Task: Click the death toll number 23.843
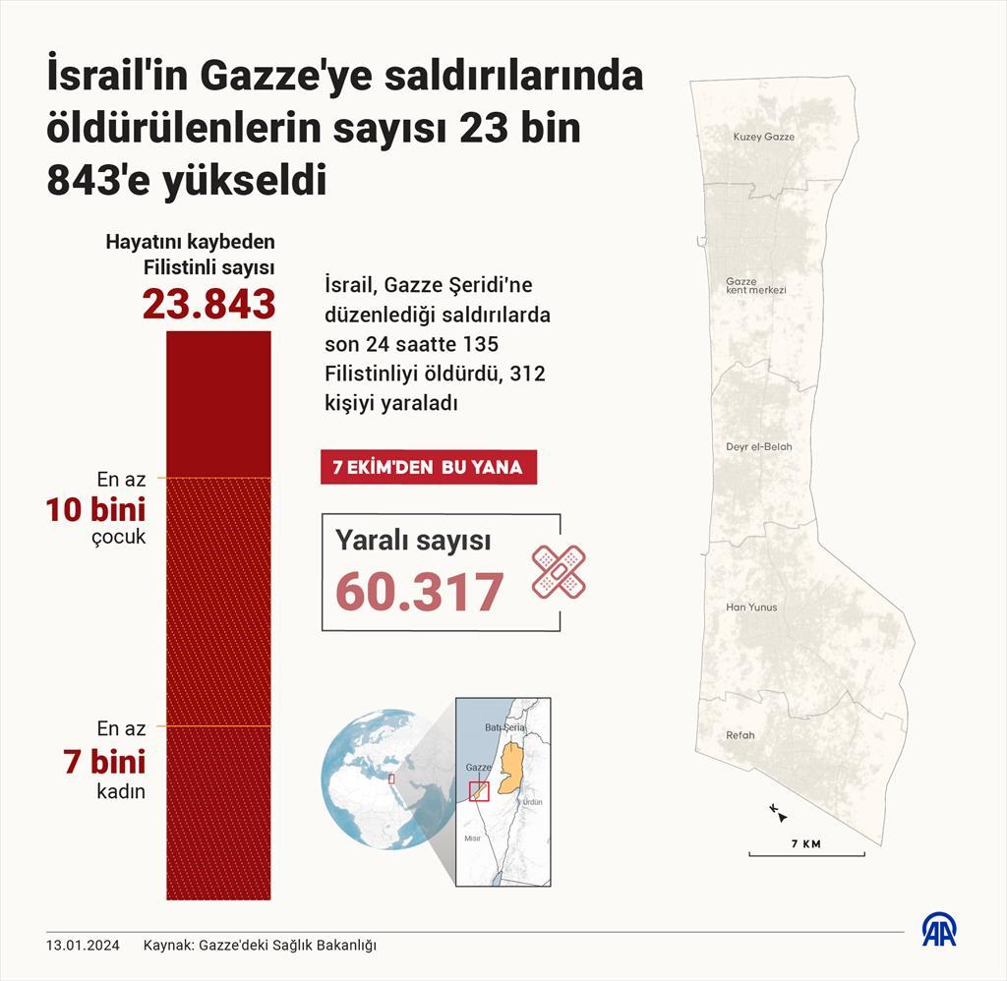coord(208,304)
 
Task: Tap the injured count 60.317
coord(420,592)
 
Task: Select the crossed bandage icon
coord(559,571)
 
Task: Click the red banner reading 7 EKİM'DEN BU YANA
coord(428,468)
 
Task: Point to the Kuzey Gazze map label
coord(763,137)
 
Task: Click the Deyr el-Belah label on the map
coord(758,447)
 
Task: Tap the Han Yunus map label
coord(751,607)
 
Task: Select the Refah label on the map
coord(740,735)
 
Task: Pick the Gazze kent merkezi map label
coord(755,286)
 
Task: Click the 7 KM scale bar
coord(805,851)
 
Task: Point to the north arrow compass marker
coord(778,812)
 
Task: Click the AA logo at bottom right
coord(939,930)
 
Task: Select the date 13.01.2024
coord(83,946)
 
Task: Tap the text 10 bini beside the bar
coord(95,510)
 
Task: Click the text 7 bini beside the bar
coord(105,762)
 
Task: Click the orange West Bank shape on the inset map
coord(509,768)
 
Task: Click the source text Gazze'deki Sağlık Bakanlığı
coord(287,946)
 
